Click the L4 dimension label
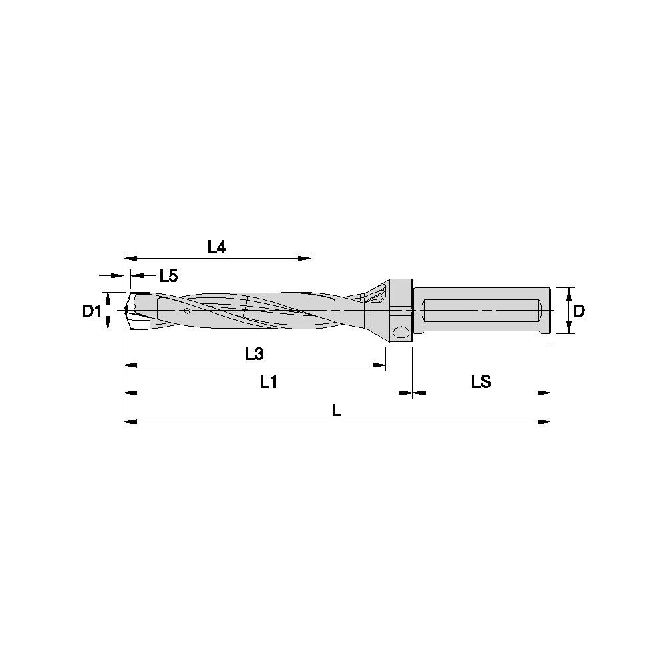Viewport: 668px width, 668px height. (x=216, y=247)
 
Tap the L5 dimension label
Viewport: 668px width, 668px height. (x=169, y=276)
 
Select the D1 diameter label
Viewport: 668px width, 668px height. (x=92, y=311)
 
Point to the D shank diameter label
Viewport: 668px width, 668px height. (x=579, y=311)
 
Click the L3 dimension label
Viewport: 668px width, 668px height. (x=255, y=353)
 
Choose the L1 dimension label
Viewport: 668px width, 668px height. (x=269, y=382)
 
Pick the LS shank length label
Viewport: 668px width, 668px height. (x=482, y=382)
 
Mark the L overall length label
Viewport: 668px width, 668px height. (x=337, y=411)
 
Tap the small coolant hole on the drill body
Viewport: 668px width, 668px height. (x=186, y=310)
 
